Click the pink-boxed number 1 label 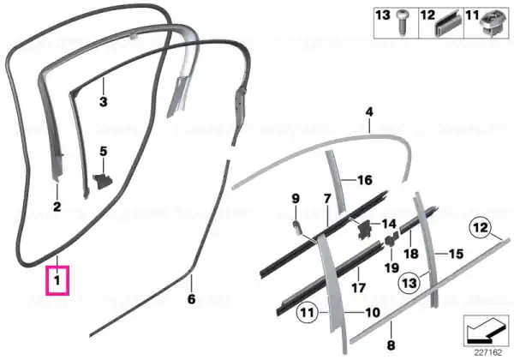point(57,280)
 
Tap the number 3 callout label point(104,102)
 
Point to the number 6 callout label point(191,299)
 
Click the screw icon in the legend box point(401,21)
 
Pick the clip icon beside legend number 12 point(448,24)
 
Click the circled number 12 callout point(481,228)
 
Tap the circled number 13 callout point(409,283)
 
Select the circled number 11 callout point(308,313)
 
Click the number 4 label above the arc point(369,112)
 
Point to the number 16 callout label point(365,180)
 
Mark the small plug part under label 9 point(296,227)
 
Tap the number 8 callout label point(391,345)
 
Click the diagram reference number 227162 point(488,353)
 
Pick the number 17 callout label point(358,288)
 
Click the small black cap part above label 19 point(391,240)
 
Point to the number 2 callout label point(57,207)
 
